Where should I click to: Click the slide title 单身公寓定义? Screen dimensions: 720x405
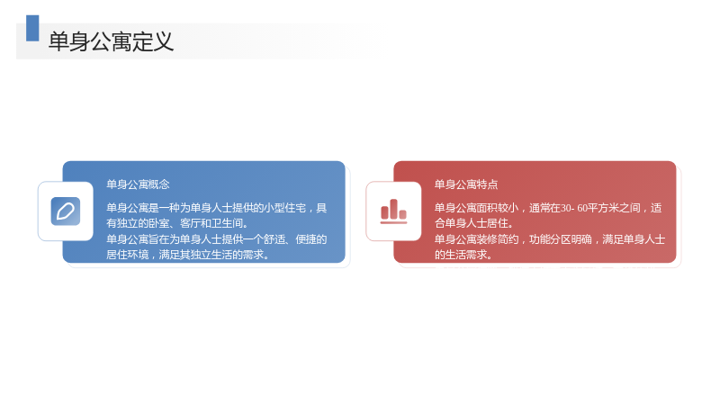pos(111,41)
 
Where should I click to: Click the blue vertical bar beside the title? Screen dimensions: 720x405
pos(32,28)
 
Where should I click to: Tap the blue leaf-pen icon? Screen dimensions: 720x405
pos(66,211)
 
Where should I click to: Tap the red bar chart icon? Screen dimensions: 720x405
pos(393,211)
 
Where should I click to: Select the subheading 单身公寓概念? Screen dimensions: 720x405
pos(138,184)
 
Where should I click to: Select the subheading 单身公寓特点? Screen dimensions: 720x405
pos(466,184)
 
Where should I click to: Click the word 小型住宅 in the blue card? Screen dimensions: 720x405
pos(284,208)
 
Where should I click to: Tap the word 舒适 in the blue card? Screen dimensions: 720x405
pos(274,239)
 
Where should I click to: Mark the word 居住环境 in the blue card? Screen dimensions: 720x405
pos(128,255)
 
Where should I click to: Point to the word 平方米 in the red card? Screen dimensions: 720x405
pos(604,208)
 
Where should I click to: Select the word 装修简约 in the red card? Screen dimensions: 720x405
pos(498,239)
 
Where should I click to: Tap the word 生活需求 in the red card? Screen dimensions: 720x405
pos(466,255)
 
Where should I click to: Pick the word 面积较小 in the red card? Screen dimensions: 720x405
pos(498,208)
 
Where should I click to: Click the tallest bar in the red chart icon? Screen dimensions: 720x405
pos(393,209)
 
